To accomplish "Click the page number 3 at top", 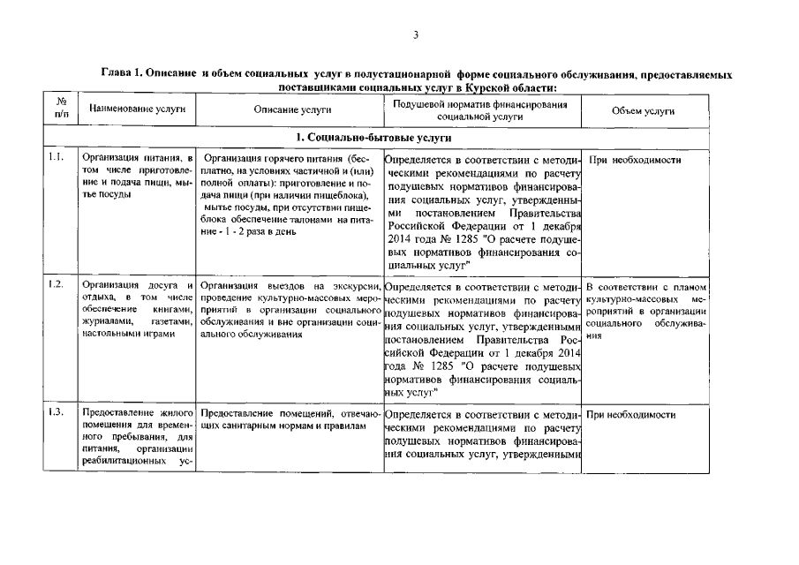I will pyautogui.click(x=414, y=34).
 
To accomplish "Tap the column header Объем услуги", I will pyautogui.click(x=643, y=110).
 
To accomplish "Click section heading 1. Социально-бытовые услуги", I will pyautogui.click(x=374, y=138).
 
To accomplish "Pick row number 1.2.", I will pyautogui.click(x=57, y=284).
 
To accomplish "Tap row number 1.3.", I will pyautogui.click(x=57, y=413).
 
